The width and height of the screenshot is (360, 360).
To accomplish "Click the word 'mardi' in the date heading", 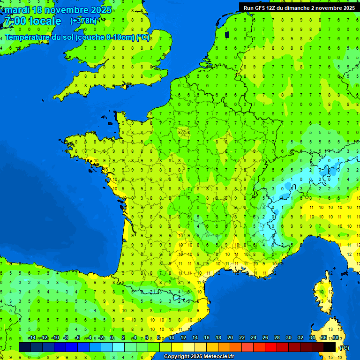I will pos(17,10).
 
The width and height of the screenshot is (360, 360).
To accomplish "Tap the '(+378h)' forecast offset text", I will pos(83,21).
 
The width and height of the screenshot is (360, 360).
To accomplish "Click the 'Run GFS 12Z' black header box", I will pos(299,8).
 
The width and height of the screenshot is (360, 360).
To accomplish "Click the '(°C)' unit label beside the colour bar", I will pos(344,348).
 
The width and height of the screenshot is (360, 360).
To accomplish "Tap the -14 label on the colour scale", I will pos(32,338).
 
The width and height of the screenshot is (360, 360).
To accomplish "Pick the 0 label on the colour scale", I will pos(112,338).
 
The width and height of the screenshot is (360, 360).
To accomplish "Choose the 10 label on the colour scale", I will pos(171,338).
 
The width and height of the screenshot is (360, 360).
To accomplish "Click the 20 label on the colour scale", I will pos(230,338).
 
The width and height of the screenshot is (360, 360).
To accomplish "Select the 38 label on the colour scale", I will pos(335,338).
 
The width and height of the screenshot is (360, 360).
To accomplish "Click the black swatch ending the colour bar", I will pos(330,347).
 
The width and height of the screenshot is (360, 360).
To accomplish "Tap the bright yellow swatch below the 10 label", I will pos(177,347).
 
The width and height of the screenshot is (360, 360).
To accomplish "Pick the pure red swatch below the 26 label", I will pos(271,347).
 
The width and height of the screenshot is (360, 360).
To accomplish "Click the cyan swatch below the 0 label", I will pos(119,347).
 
